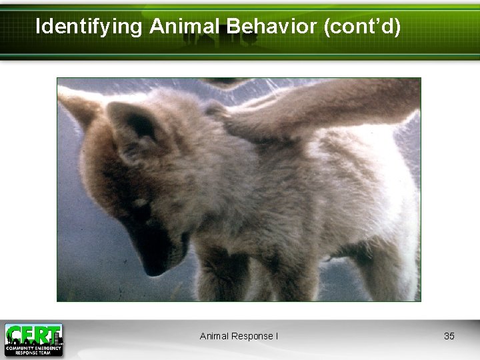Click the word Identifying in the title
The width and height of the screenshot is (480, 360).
(x=89, y=27)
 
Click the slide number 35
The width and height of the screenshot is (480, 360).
(x=449, y=336)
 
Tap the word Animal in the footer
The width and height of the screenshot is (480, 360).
(x=214, y=336)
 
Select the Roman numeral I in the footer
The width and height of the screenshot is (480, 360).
(x=276, y=336)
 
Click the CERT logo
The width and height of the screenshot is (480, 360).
(x=33, y=339)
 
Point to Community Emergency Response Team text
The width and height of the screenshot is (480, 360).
(x=33, y=349)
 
